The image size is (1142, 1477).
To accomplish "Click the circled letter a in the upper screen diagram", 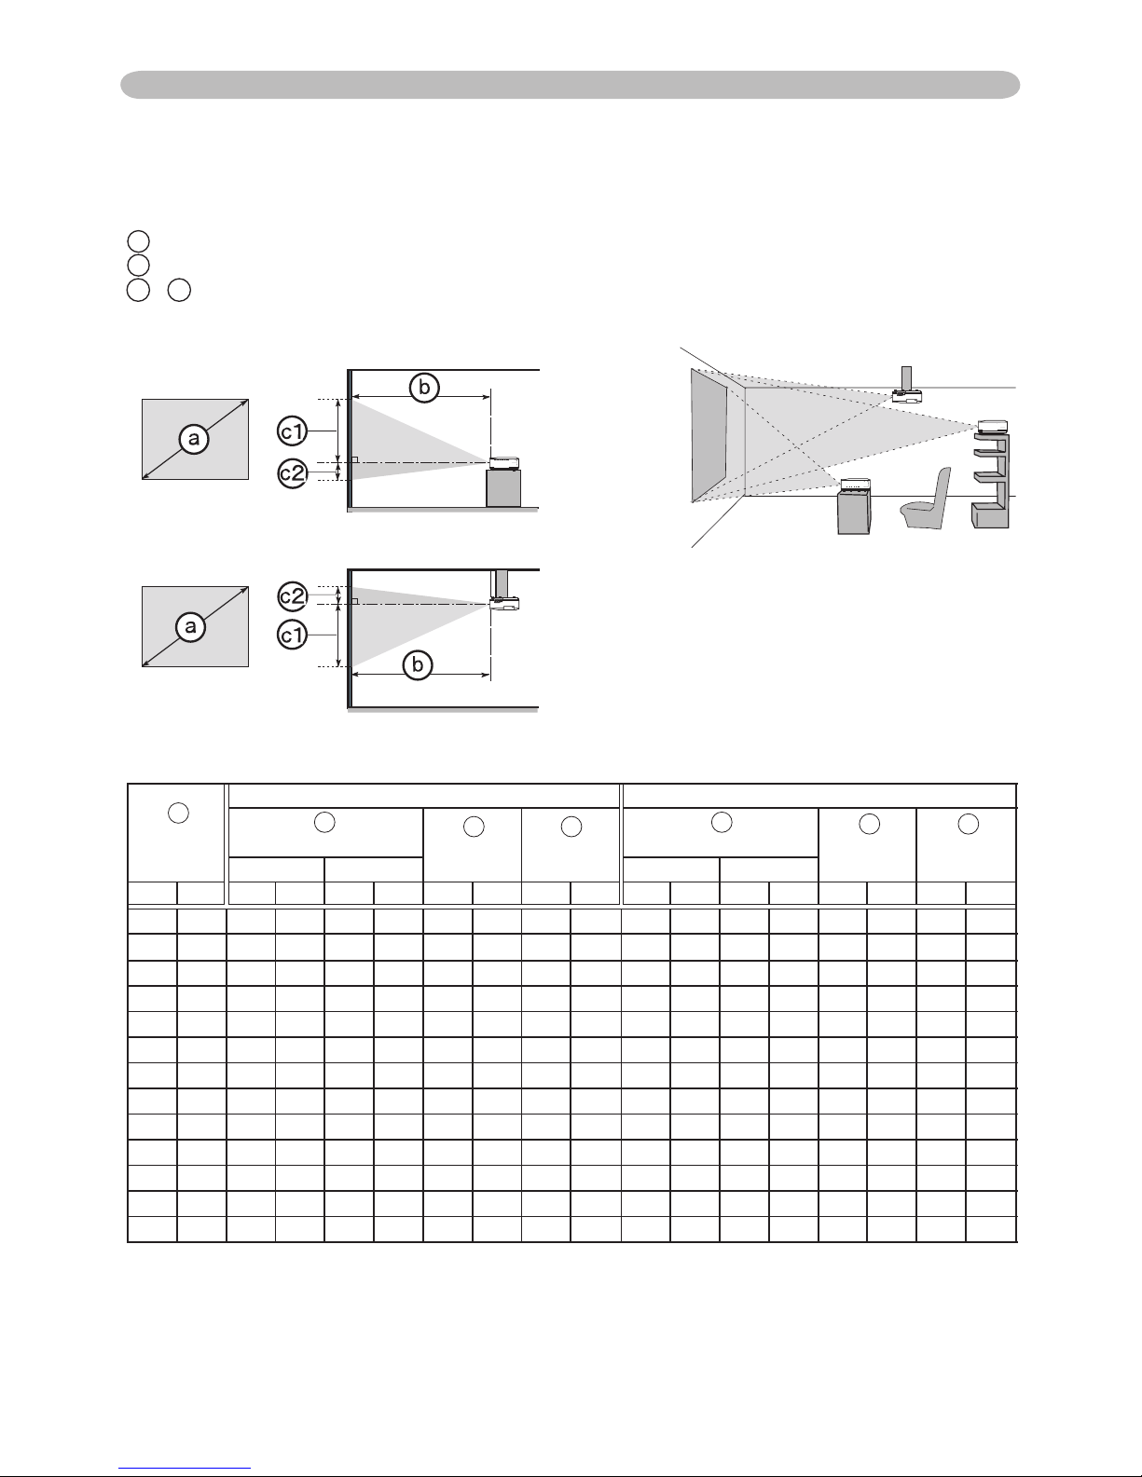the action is click(194, 439).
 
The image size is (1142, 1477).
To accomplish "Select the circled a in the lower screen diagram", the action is click(190, 626).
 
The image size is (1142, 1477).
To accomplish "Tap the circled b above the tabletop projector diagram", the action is click(424, 388).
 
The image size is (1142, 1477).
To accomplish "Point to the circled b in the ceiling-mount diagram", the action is click(418, 664).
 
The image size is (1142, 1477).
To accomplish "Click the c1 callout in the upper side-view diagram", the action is click(293, 431).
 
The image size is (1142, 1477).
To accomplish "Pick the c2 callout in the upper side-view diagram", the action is click(293, 473).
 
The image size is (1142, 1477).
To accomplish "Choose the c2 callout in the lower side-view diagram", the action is click(293, 596).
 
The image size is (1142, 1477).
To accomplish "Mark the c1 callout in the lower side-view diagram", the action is click(293, 635).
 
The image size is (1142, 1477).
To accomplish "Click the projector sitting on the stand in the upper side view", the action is click(504, 463).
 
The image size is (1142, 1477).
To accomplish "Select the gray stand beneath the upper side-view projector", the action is click(503, 488).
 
